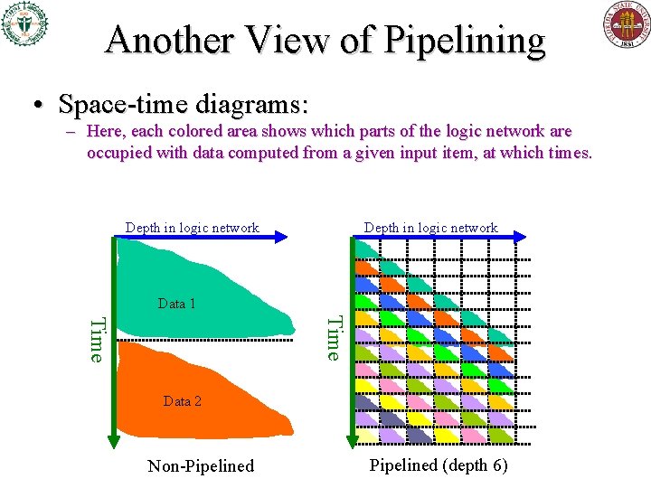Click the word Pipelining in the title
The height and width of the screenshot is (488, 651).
click(x=467, y=41)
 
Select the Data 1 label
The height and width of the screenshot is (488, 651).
click(x=176, y=304)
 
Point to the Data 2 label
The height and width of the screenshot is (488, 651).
click(x=183, y=400)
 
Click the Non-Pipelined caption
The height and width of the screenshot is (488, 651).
click(x=201, y=466)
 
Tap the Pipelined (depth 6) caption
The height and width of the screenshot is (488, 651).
click(x=439, y=465)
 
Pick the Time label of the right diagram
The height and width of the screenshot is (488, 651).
click(x=334, y=337)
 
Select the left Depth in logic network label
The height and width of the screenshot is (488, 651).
click(x=192, y=228)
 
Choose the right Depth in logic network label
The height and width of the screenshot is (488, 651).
click(x=430, y=228)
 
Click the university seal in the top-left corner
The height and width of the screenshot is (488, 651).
click(x=24, y=23)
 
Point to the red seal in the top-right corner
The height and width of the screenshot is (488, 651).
click(x=627, y=24)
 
